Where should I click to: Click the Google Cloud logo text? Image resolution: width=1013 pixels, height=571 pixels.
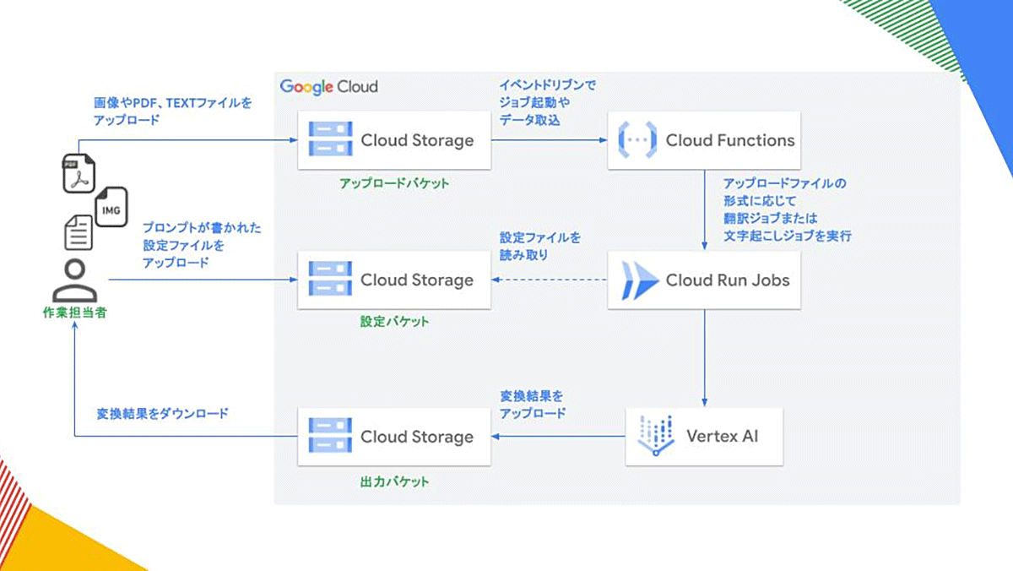(329, 86)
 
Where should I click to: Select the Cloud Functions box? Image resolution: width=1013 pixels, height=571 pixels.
(704, 140)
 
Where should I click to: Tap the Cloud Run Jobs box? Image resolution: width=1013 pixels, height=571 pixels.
(704, 280)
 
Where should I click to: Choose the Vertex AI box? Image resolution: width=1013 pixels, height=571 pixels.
(704, 437)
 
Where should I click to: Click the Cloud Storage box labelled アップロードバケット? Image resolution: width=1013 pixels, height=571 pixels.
(394, 140)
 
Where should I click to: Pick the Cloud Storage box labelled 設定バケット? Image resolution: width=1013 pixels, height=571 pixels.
(394, 280)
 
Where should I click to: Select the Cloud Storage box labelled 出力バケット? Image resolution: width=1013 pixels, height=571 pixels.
(394, 437)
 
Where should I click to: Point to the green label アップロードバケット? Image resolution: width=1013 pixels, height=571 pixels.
(394, 183)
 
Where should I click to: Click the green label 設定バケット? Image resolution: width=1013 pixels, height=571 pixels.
(394, 322)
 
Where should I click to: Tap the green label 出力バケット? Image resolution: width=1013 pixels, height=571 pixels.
(394, 481)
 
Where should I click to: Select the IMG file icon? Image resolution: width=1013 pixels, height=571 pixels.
(111, 207)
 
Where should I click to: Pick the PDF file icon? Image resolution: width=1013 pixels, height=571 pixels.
(79, 173)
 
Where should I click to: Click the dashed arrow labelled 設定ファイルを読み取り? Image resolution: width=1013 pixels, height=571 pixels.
(549, 280)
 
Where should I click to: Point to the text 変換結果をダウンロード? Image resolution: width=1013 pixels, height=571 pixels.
(163, 415)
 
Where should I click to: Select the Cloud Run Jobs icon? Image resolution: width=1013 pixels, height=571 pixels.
(639, 280)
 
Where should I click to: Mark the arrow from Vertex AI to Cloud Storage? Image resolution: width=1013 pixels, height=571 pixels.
(558, 437)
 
